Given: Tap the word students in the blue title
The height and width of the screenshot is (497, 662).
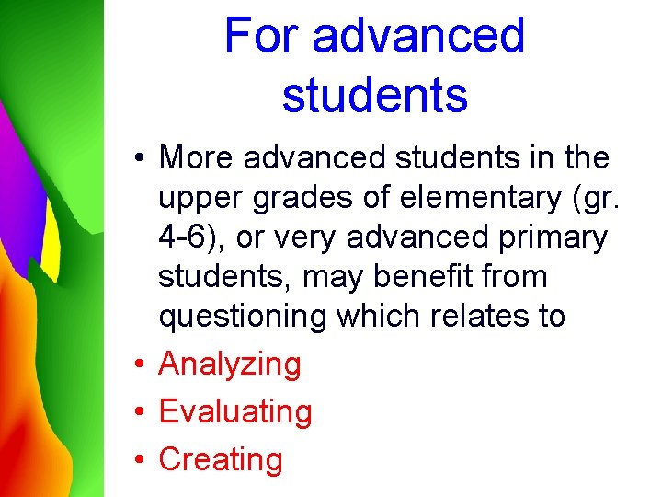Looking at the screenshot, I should (375, 94).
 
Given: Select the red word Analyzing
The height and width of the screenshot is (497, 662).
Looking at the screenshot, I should (230, 364).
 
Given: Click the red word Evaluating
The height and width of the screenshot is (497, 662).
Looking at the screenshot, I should (235, 412).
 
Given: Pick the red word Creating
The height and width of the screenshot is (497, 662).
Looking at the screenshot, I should (221, 459).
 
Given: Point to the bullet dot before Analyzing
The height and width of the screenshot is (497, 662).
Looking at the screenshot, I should (134, 365).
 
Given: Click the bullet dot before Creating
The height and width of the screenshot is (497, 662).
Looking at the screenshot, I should (134, 460).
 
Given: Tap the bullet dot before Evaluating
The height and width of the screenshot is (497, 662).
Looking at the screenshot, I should (134, 412).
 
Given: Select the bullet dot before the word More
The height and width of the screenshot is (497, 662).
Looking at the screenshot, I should (134, 158).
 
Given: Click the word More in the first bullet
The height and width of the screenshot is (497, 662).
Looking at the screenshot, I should (196, 158).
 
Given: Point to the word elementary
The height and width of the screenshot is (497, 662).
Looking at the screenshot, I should (466, 198).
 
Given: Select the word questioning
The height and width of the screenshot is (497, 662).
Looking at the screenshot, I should (243, 317).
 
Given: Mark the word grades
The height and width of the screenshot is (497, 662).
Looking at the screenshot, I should (297, 198).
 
